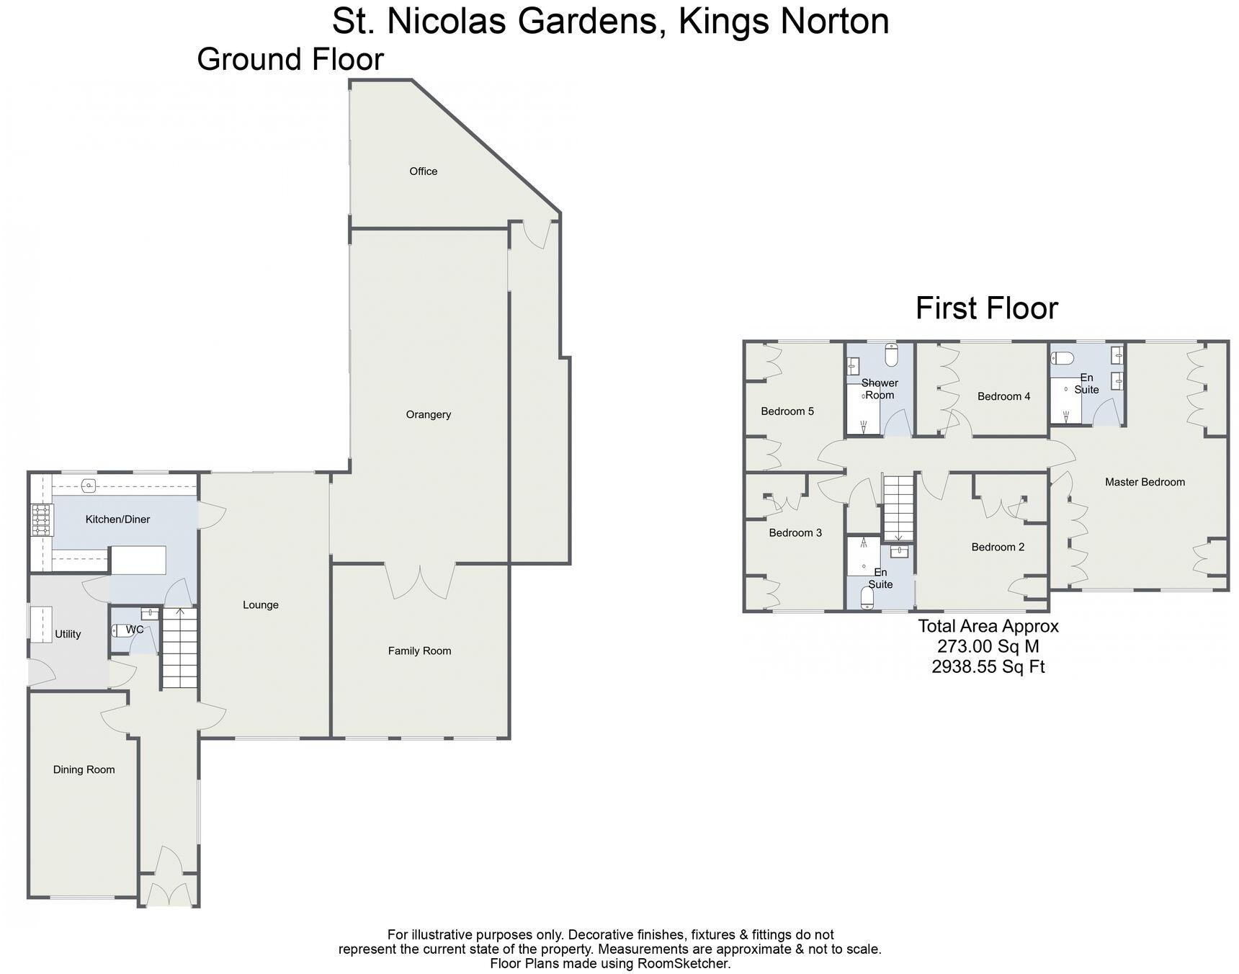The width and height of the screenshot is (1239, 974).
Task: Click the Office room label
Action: point(423,171)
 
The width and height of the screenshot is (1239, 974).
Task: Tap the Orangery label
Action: point(428,414)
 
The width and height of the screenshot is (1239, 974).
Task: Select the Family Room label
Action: point(419,651)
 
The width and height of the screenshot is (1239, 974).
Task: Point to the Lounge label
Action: point(260,605)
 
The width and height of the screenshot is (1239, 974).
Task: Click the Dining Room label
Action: point(84,769)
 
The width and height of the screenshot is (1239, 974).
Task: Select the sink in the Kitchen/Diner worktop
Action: point(89,485)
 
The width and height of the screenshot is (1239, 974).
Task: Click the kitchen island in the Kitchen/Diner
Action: point(138,560)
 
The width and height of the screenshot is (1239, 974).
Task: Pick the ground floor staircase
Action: point(179,648)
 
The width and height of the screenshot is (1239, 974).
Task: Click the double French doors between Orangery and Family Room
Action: point(420,582)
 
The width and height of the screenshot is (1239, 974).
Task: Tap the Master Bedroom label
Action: point(1144,482)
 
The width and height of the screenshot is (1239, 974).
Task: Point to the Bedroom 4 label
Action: point(1003,396)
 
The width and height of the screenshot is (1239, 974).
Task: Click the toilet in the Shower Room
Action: point(891,354)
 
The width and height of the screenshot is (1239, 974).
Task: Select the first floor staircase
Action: point(898,507)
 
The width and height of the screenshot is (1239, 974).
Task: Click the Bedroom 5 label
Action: point(787,411)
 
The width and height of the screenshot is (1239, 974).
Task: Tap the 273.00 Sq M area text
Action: point(987,646)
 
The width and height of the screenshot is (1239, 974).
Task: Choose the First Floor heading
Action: point(986,308)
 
